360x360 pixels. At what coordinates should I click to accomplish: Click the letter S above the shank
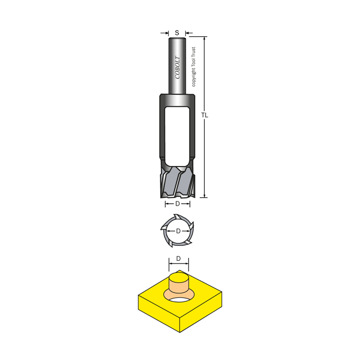click(177, 33)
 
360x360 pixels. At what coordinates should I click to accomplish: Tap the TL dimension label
click(205, 115)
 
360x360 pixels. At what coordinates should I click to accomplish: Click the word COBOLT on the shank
click(178, 67)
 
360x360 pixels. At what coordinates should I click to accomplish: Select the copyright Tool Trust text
click(194, 67)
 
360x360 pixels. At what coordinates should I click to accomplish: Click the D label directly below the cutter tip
click(178, 204)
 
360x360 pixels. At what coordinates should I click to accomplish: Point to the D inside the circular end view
click(178, 231)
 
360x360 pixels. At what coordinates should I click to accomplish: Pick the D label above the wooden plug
click(178, 259)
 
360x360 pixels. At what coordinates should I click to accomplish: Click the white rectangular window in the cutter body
click(177, 136)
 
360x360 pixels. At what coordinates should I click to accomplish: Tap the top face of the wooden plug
click(179, 277)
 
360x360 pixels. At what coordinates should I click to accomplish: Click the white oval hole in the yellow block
click(179, 299)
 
